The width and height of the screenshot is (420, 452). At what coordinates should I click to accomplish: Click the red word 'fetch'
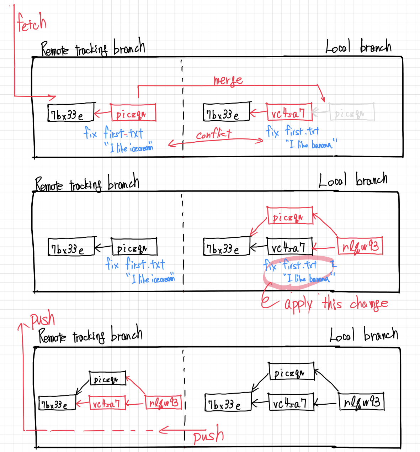pyautogui.click(x=32, y=22)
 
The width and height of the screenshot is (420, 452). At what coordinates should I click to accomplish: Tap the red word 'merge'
pyautogui.click(x=228, y=80)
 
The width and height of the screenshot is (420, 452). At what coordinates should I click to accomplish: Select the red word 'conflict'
pyautogui.click(x=214, y=135)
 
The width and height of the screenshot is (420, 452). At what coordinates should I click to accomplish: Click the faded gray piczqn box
pyautogui.click(x=351, y=112)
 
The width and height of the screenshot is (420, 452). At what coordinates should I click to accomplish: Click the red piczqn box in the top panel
pyautogui.click(x=133, y=113)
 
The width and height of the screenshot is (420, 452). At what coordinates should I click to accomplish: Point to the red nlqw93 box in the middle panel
pyautogui.click(x=360, y=246)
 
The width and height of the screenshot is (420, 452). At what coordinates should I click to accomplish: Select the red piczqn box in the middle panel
pyautogui.click(x=290, y=216)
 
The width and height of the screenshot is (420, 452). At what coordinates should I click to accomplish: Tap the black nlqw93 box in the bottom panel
pyautogui.click(x=361, y=402)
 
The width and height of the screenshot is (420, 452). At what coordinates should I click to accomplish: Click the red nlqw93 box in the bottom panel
pyautogui.click(x=164, y=403)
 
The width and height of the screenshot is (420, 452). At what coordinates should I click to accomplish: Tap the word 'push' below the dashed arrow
pyautogui.click(x=208, y=435)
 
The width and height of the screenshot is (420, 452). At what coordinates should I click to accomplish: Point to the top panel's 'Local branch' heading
pyautogui.click(x=358, y=47)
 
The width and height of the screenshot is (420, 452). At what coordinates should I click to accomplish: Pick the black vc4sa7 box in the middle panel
pyautogui.click(x=289, y=246)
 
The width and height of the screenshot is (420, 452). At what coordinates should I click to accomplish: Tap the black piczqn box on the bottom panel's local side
pyautogui.click(x=291, y=372)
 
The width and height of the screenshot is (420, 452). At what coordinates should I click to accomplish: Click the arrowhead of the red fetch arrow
pyautogui.click(x=53, y=96)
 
